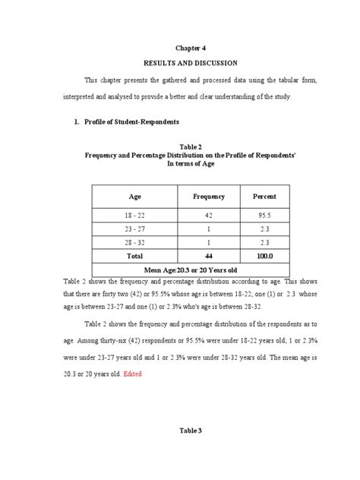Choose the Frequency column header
point(209,197)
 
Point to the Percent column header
point(264,197)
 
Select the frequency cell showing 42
point(209,216)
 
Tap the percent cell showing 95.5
point(264,216)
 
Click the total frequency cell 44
point(209,256)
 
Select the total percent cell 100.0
point(264,256)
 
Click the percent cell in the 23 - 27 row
point(264,229)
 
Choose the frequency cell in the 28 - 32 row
point(209,242)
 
